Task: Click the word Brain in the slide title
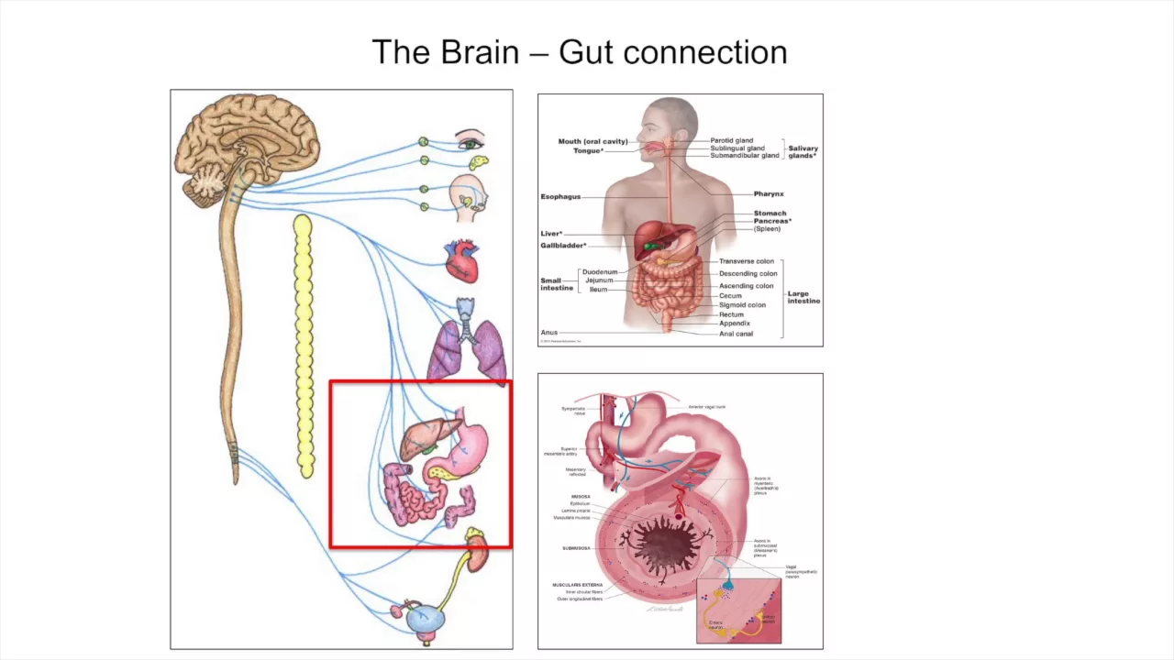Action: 480,52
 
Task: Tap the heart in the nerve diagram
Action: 461,260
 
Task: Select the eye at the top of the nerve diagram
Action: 471,142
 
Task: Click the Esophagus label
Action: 560,197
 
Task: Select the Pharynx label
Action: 769,194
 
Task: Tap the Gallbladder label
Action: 562,246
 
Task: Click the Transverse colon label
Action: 747,261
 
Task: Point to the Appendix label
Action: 735,324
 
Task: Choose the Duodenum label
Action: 600,272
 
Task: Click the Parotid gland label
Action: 731,141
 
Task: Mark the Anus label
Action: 549,333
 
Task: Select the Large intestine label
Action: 803,298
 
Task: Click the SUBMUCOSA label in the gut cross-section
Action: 577,548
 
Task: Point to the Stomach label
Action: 770,214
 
